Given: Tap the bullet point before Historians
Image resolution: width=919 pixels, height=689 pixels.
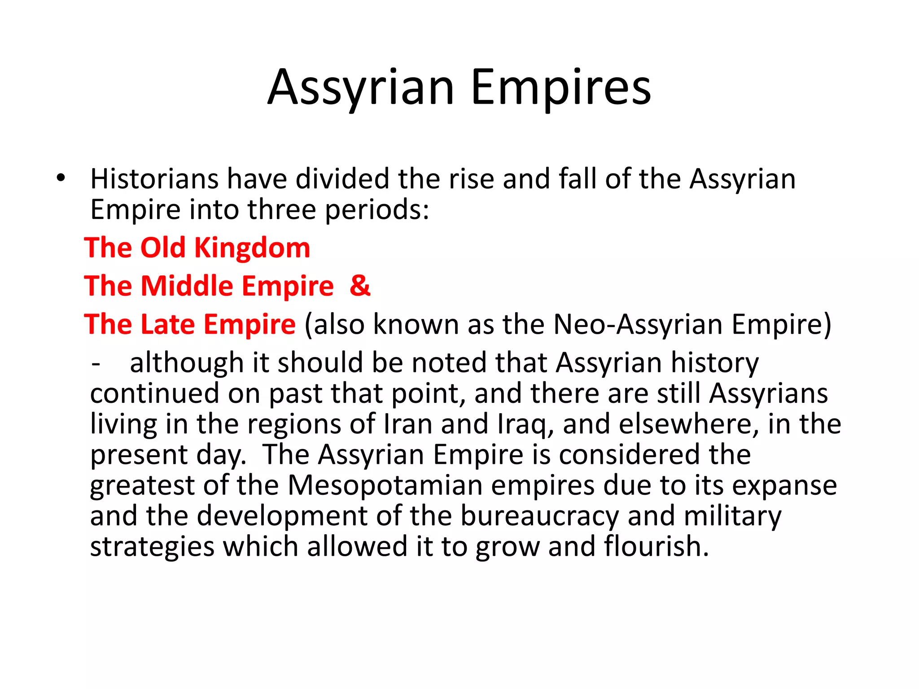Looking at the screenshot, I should (x=61, y=178).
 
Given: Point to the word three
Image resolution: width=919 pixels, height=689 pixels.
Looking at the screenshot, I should (x=282, y=209).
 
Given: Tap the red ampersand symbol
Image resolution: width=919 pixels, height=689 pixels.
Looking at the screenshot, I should (x=360, y=286).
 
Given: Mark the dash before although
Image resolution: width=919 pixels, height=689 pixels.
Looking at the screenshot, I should (x=95, y=363).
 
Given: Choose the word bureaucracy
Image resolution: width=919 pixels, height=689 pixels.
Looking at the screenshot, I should (x=539, y=516).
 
